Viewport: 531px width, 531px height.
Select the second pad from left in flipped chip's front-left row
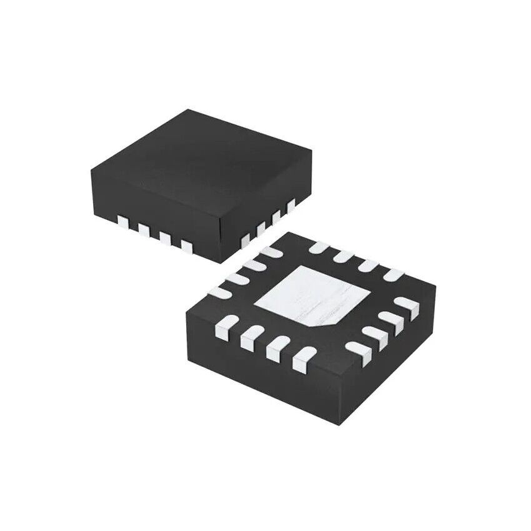tap(248, 336)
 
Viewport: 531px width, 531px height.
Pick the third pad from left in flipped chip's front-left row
tap(275, 349)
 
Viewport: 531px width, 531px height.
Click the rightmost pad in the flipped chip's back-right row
tap(393, 274)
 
